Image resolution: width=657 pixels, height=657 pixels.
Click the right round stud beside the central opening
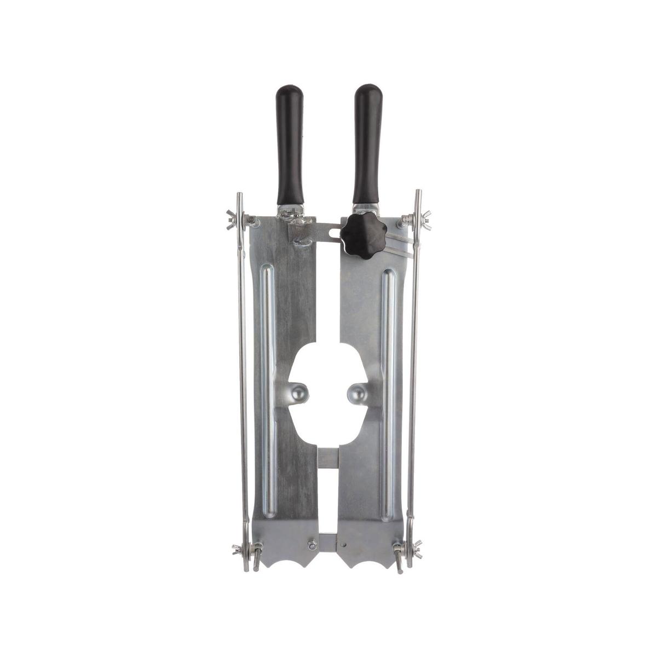356,392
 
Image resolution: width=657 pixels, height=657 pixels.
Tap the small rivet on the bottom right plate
343,545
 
